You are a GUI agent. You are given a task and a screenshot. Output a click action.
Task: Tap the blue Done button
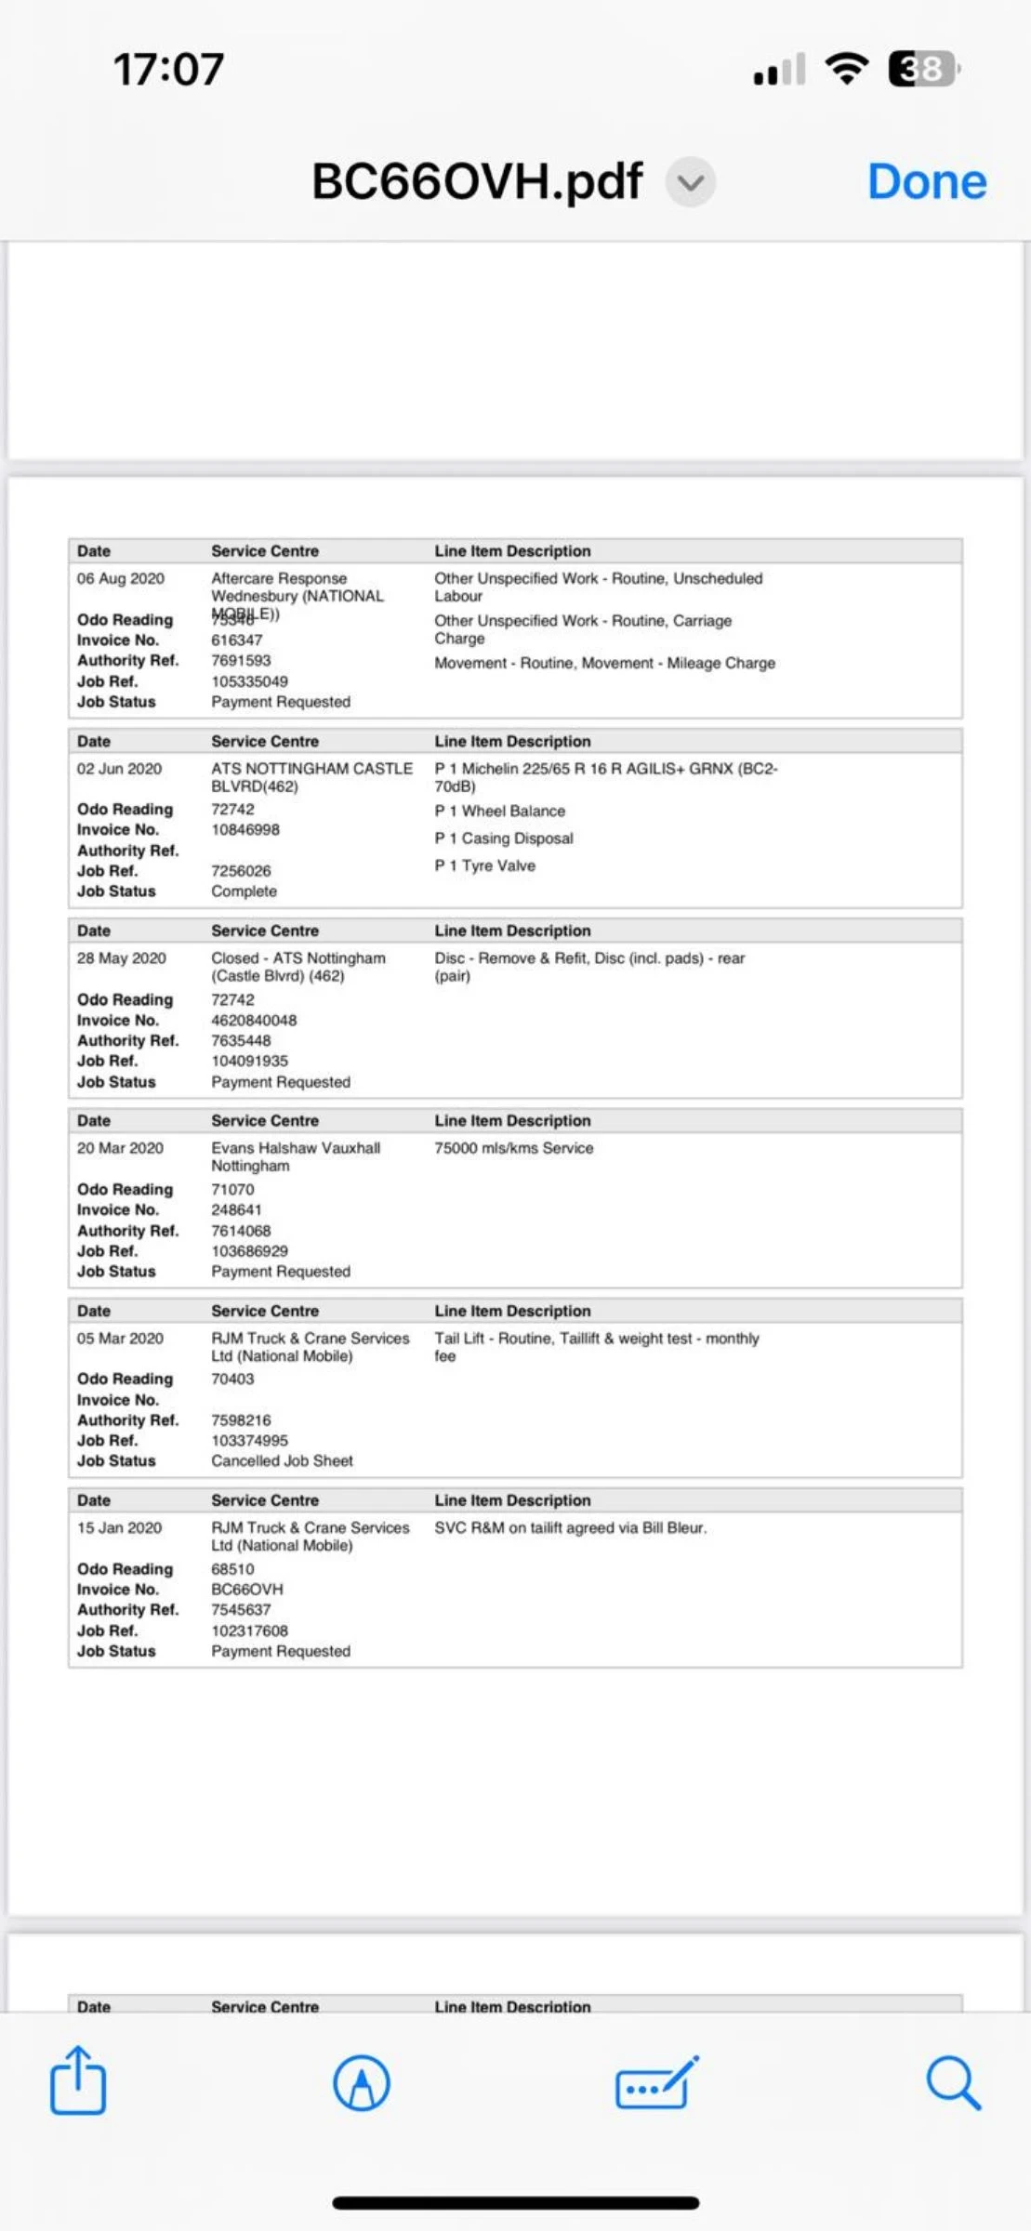coord(926,181)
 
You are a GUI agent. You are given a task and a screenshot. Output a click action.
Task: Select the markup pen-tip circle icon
coord(361,2082)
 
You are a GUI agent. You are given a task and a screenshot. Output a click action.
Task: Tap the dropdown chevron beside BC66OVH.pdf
coord(690,182)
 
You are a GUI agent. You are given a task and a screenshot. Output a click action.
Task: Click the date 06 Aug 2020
coord(121,578)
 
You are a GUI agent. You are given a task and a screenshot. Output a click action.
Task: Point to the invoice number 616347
coord(237,640)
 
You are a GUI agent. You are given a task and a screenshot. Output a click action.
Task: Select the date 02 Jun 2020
coord(119,769)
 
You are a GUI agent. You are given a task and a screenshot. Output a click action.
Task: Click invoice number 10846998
coord(245,829)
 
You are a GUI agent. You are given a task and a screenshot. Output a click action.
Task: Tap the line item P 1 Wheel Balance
coord(499,811)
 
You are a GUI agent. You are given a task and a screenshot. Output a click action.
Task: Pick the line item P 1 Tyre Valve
coord(484,865)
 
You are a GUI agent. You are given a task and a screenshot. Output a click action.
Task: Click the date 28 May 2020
coord(122,958)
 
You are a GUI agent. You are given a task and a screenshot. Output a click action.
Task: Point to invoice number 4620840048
coord(254,1020)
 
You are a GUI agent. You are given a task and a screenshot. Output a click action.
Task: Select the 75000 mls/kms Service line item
coord(513,1148)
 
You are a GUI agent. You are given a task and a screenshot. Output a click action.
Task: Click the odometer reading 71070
coord(232,1189)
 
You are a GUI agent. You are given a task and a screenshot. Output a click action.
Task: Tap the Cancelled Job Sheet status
coord(282,1460)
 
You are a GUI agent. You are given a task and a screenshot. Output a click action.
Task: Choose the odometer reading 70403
coord(232,1379)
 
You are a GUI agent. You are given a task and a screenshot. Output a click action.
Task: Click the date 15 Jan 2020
coord(119,1527)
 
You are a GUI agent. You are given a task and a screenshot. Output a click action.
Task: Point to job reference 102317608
coord(249,1630)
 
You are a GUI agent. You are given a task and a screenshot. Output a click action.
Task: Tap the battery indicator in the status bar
coord(922,69)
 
